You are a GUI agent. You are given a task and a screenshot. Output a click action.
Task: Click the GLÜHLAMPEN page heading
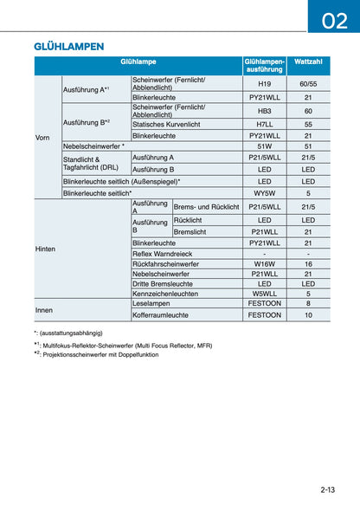coord(69,45)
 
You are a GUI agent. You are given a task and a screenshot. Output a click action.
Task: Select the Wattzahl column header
coord(308,62)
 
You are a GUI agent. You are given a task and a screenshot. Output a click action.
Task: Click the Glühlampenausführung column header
coord(265,66)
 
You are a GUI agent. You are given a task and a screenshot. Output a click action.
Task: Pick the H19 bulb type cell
coord(265,83)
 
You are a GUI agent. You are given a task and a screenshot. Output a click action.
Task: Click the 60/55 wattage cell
coord(308,83)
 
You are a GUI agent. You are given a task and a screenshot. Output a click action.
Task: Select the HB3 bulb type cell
coord(265,111)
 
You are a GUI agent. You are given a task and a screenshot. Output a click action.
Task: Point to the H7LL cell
coord(265,124)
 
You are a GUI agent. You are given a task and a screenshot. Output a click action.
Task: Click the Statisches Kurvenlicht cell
coord(166,124)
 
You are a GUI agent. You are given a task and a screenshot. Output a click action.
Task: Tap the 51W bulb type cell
coord(265,146)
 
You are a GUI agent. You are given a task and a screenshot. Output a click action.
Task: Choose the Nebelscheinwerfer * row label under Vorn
coord(93,146)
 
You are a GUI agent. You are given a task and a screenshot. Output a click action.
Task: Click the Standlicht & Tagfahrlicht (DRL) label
coord(87,164)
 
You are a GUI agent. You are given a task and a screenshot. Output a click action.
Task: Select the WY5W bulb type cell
coord(265,193)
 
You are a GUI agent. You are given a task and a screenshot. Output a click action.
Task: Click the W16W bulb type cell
coord(265,264)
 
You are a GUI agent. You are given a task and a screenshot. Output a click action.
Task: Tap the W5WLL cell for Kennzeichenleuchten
coord(265,294)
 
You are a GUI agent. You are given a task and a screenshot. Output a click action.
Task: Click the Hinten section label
coord(45,249)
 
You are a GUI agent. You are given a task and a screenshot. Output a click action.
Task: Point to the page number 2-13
coord(327,490)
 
